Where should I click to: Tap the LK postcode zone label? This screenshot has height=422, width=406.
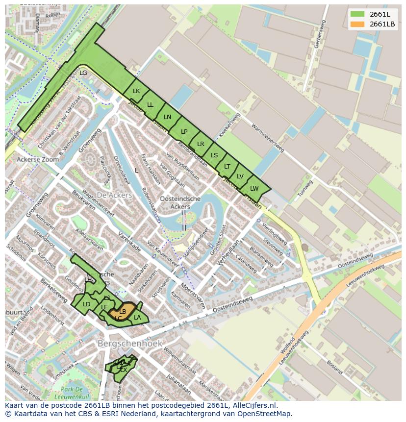[136, 91]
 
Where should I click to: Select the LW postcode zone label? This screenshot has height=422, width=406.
[254, 189]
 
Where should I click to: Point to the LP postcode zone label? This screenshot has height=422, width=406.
[184, 131]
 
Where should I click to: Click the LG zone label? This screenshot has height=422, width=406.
[83, 73]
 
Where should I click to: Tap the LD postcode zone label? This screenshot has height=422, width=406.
[87, 304]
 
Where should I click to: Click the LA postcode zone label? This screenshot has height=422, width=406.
[137, 318]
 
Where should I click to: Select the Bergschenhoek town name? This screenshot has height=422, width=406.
[130, 344]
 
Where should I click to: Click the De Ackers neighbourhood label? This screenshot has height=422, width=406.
[114, 195]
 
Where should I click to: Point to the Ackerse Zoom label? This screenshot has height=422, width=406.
[37, 160]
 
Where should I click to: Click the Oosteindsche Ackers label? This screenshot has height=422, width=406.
[180, 202]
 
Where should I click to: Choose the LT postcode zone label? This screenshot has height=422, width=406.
[227, 167]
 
